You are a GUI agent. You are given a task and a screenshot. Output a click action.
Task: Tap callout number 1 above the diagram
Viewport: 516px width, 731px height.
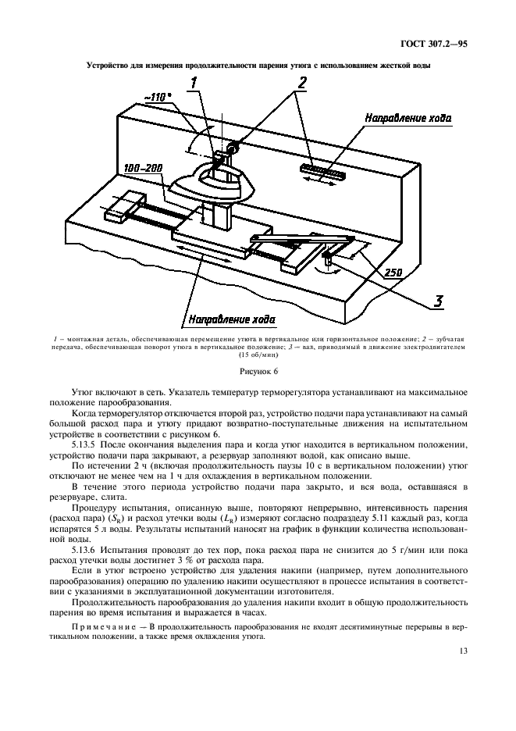(195, 81)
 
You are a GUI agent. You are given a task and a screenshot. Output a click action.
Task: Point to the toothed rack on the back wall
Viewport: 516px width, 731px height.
(321, 169)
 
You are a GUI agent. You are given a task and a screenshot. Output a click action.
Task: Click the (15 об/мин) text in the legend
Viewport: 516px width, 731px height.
(258, 355)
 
